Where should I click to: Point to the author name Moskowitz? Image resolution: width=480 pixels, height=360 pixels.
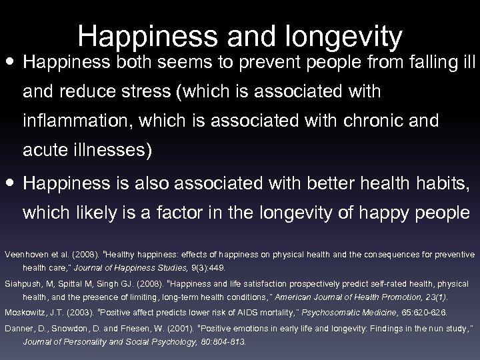pyautogui.click(x=25, y=312)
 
